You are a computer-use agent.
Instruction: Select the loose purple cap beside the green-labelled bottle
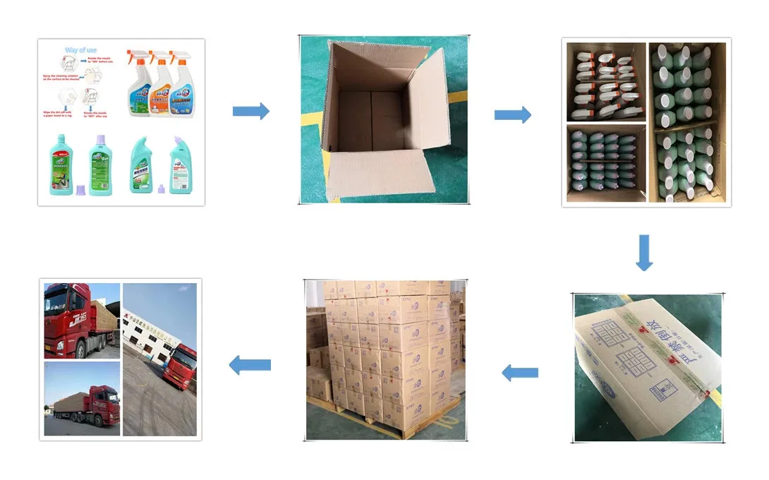tap(79, 189)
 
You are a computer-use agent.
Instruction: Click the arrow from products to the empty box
tap(251, 111)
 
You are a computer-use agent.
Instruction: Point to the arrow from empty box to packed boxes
tap(512, 115)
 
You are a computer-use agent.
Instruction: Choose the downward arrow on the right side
tap(643, 253)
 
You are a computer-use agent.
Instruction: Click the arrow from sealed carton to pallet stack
tap(520, 372)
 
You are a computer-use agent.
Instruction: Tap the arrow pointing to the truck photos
tap(250, 365)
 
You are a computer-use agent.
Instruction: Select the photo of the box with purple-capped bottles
tap(606, 162)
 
